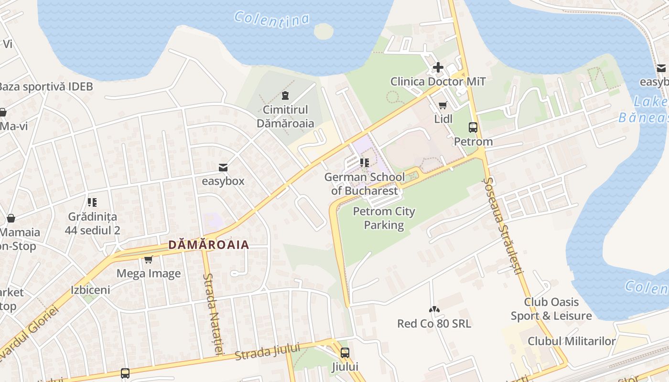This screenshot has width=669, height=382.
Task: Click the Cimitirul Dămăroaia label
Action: (x=285, y=117)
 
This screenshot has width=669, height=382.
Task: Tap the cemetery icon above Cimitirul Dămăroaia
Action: (x=285, y=95)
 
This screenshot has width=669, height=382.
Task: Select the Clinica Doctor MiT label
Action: (x=438, y=82)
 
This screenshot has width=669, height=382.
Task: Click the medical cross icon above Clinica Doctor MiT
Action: (x=438, y=67)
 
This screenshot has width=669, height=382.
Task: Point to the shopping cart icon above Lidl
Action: (x=443, y=105)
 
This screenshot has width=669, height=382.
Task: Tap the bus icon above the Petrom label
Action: (x=473, y=127)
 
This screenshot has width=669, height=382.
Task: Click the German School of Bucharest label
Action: (x=365, y=184)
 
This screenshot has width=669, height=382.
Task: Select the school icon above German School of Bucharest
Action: (x=365, y=163)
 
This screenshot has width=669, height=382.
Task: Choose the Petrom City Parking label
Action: (x=384, y=218)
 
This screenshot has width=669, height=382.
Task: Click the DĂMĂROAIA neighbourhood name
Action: (x=208, y=245)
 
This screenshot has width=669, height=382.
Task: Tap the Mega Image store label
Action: (x=149, y=274)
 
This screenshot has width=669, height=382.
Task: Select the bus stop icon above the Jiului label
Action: (x=345, y=353)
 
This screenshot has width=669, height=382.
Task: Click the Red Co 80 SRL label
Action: (x=434, y=324)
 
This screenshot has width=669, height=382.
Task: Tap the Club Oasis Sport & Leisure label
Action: (x=551, y=309)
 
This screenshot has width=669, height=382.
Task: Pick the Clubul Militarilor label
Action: (x=572, y=341)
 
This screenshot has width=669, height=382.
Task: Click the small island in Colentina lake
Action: (x=324, y=32)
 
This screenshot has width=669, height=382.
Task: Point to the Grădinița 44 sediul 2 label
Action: (x=92, y=223)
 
